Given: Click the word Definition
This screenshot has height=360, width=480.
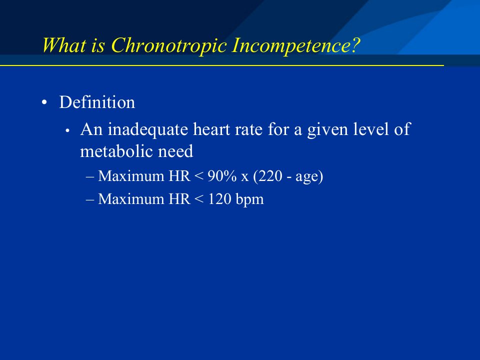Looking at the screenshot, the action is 97,102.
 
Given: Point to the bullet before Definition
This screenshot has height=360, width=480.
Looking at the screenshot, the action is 44,103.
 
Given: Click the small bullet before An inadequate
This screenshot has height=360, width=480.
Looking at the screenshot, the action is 67,131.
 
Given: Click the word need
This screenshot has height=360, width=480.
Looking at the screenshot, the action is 175,151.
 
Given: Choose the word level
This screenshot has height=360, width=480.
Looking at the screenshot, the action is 371,129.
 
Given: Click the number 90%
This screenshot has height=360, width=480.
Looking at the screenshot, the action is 222,176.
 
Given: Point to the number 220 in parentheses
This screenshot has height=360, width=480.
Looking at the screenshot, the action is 269,176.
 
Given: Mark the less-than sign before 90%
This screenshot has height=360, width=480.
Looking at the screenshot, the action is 198,176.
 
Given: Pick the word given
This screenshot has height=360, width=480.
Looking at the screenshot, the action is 327,130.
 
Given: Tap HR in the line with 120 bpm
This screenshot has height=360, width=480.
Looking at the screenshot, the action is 179,199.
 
